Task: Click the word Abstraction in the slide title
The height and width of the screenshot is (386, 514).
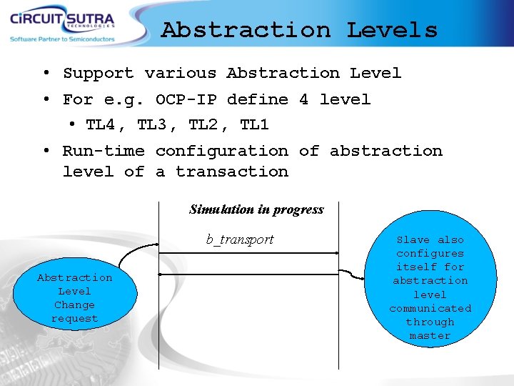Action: (x=246, y=30)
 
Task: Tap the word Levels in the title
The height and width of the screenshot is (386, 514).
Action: (x=392, y=30)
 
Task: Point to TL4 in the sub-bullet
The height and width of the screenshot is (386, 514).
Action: (x=101, y=125)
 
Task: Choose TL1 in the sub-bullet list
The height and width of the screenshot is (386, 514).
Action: (x=254, y=125)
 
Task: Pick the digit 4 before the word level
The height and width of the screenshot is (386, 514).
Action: (x=303, y=99)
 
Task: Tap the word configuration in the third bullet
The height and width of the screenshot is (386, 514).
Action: (x=222, y=151)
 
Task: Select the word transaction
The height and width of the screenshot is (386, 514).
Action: (x=232, y=172)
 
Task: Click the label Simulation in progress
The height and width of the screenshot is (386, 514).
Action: (x=256, y=209)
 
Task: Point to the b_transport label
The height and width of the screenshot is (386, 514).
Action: (x=240, y=239)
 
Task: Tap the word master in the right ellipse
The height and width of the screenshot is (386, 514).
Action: (x=430, y=335)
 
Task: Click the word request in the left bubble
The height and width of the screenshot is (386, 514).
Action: (x=74, y=319)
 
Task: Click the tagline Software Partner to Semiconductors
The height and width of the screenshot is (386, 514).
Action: (x=62, y=39)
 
